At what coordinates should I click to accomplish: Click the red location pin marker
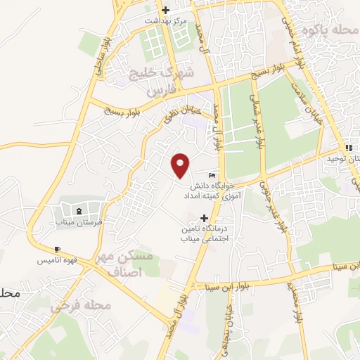tap(181, 165)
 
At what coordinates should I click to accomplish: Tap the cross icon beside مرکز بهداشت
tap(166, 11)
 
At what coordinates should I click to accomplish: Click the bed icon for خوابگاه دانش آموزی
tap(212, 175)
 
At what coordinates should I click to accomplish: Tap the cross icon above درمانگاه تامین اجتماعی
tap(204, 219)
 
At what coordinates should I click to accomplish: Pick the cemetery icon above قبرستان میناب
tap(78, 210)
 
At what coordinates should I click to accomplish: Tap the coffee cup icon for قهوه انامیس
tap(57, 250)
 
